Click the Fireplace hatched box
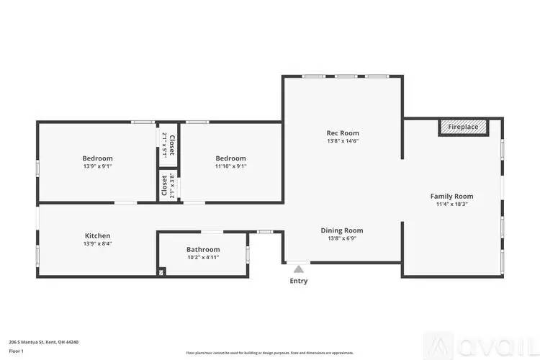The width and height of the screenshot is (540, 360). coord(463,127)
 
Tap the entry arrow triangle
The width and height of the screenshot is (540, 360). coord(298,269)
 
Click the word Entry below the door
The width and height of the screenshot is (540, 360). coord(298,281)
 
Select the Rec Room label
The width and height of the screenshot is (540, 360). coord(342,132)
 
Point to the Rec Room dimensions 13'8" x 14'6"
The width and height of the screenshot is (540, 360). coord(342,142)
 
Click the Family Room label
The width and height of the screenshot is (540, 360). coord(451,196)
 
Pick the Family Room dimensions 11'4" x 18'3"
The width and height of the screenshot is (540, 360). coord(451,204)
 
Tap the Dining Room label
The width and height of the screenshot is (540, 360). coord(341,230)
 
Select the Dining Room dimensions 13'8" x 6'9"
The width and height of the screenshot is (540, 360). coord(341,239)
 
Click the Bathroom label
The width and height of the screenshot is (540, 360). coord(202,249)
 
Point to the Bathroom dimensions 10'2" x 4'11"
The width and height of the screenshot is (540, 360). coord(202,258)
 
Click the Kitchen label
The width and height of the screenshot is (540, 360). coord(97,235)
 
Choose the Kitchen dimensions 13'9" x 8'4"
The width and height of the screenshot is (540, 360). coord(97,244)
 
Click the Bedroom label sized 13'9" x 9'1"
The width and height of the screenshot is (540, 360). coord(97,158)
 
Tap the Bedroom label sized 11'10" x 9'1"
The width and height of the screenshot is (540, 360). coord(230,158)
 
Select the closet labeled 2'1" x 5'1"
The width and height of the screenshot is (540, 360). coord(168,145)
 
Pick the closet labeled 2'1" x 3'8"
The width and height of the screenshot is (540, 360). coord(168,186)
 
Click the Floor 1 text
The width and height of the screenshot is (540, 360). coord(17,351)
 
